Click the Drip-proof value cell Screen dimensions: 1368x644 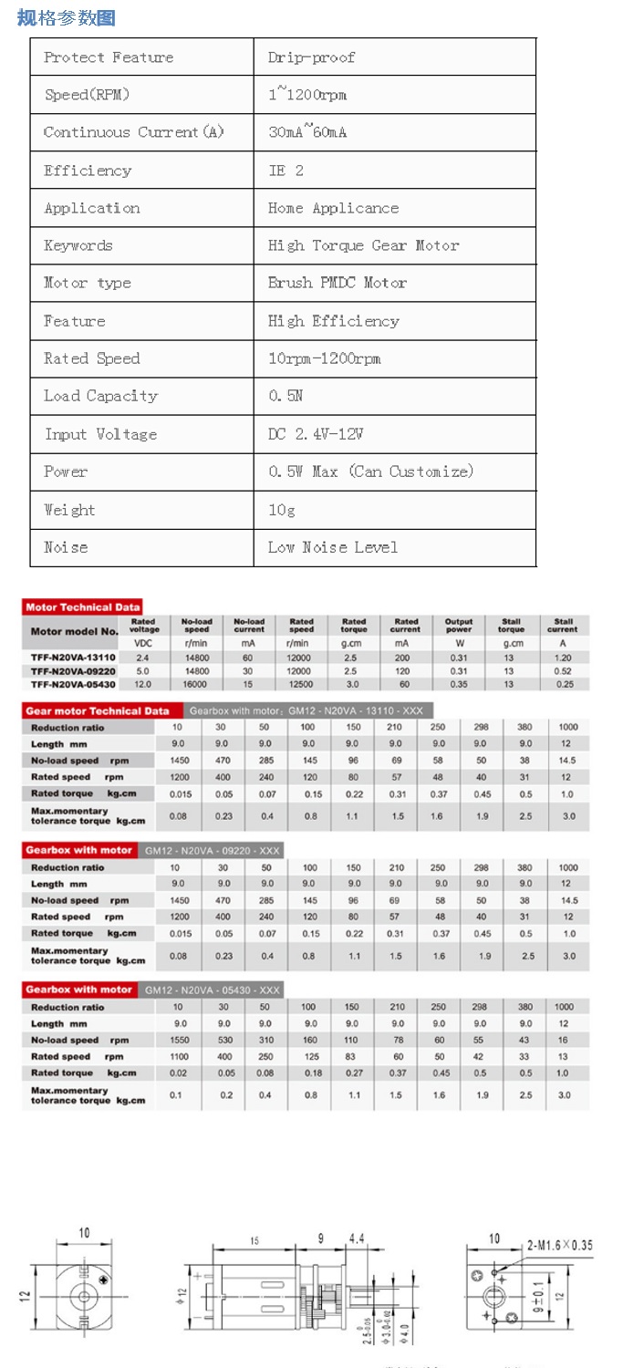pyautogui.click(x=311, y=57)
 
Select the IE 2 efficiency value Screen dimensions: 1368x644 pyautogui.click(x=286, y=171)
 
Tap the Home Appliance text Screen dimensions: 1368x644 pyautogui.click(x=333, y=208)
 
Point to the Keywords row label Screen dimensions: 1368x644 pyautogui.click(x=78, y=245)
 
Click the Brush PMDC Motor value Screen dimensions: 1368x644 pyautogui.click(x=337, y=283)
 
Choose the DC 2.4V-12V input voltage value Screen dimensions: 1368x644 pyautogui.click(x=317, y=434)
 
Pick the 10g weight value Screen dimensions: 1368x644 pyautogui.click(x=282, y=510)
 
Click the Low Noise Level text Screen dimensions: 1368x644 pyautogui.click(x=332, y=547)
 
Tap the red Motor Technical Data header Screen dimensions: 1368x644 pyautogui.click(x=83, y=607)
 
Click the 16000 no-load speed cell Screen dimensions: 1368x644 pyautogui.click(x=197, y=684)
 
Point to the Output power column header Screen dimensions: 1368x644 pyautogui.click(x=459, y=626)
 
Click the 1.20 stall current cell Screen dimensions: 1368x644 pyautogui.click(x=563, y=658)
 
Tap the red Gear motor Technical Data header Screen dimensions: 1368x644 pyautogui.click(x=98, y=711)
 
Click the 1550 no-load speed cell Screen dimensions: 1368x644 pyautogui.click(x=178, y=1040)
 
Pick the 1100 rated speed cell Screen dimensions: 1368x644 pyautogui.click(x=178, y=1056)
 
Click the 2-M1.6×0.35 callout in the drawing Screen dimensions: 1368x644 pyautogui.click(x=559, y=1245)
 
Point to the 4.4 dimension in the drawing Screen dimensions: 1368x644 pyautogui.click(x=357, y=1238)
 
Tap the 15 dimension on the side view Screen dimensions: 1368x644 pyautogui.click(x=254, y=1241)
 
